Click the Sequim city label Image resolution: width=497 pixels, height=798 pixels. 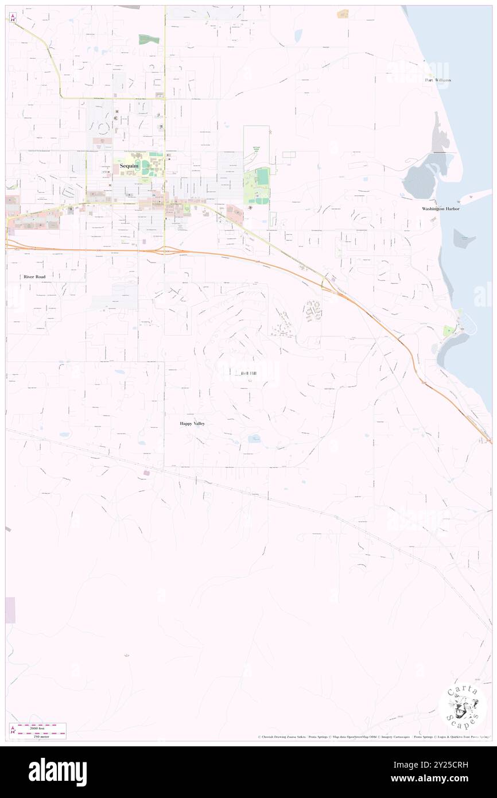(129, 166)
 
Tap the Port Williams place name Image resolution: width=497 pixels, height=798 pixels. (438, 80)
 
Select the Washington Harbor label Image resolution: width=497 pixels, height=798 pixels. (441, 208)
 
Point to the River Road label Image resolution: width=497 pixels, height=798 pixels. (34, 276)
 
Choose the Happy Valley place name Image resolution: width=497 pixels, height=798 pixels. (192, 423)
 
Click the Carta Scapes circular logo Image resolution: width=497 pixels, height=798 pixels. (463, 708)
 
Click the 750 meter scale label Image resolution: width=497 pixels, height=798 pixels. (41, 736)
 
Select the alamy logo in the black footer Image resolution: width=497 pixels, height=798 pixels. (57, 772)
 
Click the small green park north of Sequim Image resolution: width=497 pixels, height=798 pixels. (149, 40)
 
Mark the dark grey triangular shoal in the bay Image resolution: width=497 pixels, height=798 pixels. (464, 238)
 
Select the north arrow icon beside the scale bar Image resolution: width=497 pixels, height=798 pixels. (11, 730)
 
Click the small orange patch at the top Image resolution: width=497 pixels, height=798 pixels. (343, 13)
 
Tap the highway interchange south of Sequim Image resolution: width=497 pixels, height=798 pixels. (163, 250)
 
